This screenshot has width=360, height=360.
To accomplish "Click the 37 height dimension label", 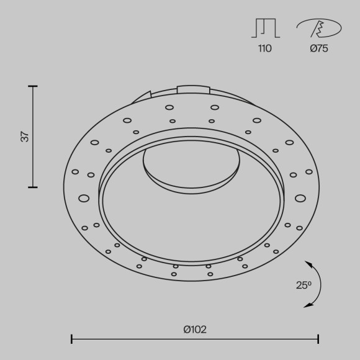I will [x=25, y=137].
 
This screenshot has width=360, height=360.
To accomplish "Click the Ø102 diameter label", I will [x=195, y=330].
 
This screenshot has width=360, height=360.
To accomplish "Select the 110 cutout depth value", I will [x=264, y=48].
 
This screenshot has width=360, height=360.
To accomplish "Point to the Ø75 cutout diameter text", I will [x=319, y=48].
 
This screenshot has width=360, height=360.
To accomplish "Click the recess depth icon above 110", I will [x=264, y=28].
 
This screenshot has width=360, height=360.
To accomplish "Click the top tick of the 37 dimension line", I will [x=33, y=86].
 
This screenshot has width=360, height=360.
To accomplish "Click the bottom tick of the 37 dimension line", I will [x=33, y=187].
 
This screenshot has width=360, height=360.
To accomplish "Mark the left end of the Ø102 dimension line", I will [x=72, y=339].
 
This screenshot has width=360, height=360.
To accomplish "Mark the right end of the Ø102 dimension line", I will [x=318, y=339].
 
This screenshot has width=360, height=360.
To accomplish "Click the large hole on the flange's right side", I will [x=300, y=199].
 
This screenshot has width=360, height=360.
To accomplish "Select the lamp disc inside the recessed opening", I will [x=192, y=166].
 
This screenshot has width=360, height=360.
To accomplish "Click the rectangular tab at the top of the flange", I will [x=193, y=89].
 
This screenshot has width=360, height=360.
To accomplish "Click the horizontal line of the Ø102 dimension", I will [x=195, y=339].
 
